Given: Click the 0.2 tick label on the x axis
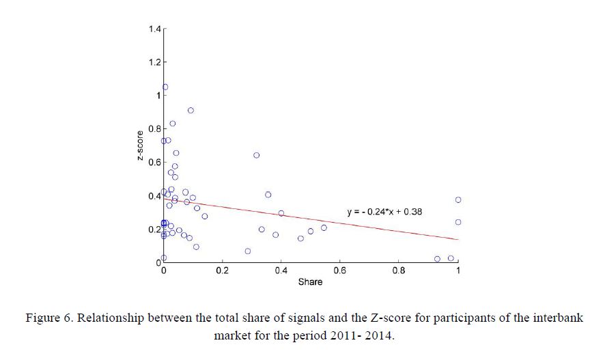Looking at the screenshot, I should click(222, 271).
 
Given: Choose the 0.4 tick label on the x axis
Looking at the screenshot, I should click(281, 271).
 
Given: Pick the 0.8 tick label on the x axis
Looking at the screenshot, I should click(399, 271).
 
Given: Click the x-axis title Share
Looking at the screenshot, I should click(310, 281).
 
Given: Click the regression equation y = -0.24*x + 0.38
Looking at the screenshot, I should click(384, 212).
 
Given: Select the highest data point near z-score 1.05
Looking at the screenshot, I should click(165, 87).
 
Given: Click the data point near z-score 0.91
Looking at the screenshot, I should click(191, 110).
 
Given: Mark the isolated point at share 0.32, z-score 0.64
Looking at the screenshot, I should click(257, 155).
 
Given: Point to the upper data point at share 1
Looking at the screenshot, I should click(458, 199).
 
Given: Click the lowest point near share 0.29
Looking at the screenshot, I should click(248, 251).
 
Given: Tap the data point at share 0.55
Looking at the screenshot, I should click(324, 227).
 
